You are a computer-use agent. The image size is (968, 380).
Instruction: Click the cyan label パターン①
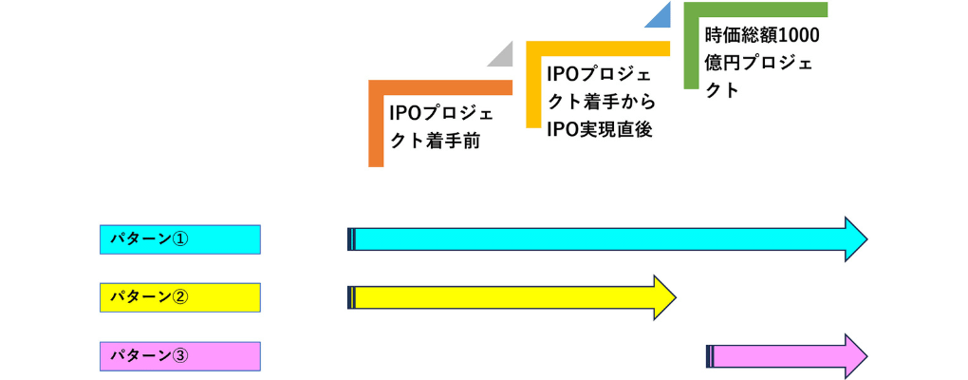[179, 238]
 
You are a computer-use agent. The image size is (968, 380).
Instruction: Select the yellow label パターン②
[179, 297]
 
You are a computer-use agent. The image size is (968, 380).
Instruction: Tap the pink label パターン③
[179, 356]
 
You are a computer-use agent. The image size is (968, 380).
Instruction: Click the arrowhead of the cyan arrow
[855, 238]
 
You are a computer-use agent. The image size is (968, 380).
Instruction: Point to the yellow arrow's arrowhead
[663, 297]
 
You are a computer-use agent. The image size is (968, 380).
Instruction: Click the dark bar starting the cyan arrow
[351, 238]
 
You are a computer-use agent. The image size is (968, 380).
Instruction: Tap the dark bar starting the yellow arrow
[351, 297]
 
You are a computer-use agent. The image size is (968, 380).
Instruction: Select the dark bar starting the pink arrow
[710, 356]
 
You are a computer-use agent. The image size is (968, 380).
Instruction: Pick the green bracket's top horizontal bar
[755, 9]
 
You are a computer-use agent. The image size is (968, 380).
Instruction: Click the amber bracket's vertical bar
[533, 85]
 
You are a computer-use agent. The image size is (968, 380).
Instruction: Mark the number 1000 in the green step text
[799, 36]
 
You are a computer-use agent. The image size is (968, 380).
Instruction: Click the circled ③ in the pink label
[180, 356]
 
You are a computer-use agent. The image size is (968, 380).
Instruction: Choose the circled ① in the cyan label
[180, 238]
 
